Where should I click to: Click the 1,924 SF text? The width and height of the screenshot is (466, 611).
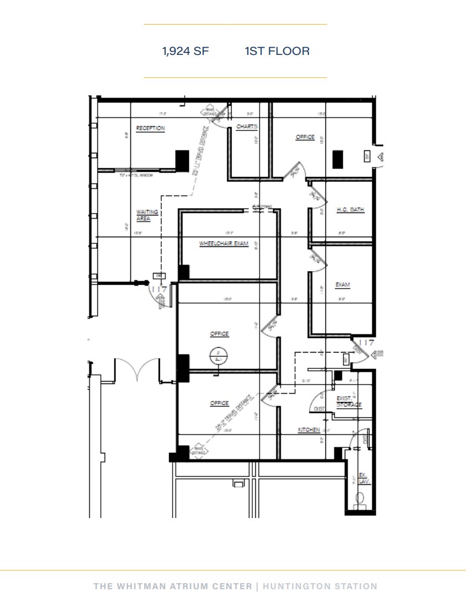tap(185, 51)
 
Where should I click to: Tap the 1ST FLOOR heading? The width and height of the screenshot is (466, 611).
tap(277, 51)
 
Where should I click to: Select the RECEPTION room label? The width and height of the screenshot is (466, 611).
tap(150, 129)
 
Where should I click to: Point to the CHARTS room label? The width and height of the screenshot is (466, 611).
tap(247, 127)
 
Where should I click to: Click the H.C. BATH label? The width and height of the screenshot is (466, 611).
tap(350, 210)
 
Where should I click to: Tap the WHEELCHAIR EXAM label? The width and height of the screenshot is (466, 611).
tap(224, 244)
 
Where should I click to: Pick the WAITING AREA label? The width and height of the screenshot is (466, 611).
tap(147, 215)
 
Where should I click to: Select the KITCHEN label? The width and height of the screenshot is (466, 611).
tap(308, 430)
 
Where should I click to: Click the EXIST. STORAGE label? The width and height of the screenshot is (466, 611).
tap(348, 401)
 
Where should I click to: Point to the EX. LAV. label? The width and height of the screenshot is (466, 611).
tap(363, 478)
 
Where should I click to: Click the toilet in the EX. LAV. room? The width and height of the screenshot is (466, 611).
tap(361, 499)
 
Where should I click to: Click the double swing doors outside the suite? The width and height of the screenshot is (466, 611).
tap(138, 369)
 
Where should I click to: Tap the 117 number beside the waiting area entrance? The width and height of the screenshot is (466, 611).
tap(159, 290)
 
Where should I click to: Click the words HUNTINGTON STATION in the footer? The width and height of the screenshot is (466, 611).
tap(321, 586)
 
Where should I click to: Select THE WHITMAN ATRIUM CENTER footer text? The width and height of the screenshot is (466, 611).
tap(173, 586)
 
